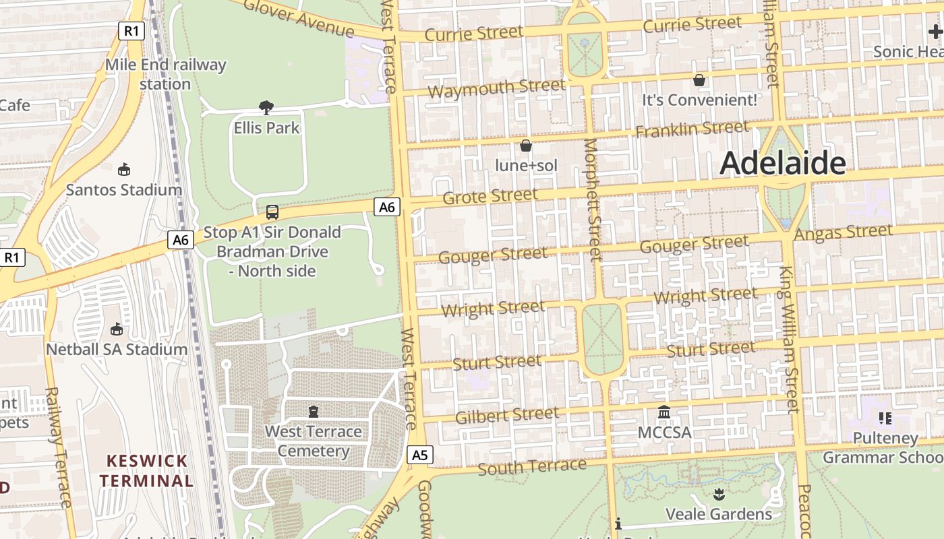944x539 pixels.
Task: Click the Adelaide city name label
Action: point(783,164)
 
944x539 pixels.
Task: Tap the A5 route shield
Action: point(419,455)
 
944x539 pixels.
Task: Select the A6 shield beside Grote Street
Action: point(387,207)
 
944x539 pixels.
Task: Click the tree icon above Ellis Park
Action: point(266,107)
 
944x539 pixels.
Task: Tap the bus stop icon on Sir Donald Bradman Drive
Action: point(272,212)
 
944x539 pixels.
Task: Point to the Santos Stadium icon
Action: point(123,169)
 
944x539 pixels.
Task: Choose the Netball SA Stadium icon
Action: point(117,329)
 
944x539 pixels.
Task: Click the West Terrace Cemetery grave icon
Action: point(313,411)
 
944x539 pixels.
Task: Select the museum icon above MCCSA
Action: point(664,412)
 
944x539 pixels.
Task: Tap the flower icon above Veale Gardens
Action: point(719,495)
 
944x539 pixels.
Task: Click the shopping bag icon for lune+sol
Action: point(526,146)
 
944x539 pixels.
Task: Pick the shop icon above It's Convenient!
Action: point(699,80)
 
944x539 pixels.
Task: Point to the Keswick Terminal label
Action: point(147,471)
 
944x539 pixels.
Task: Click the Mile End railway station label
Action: point(165,74)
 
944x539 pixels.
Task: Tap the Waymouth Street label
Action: point(496,88)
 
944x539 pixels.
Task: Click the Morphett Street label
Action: point(593,200)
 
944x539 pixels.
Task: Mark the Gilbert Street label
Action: point(507,415)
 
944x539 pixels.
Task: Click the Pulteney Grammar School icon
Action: point(885,418)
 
